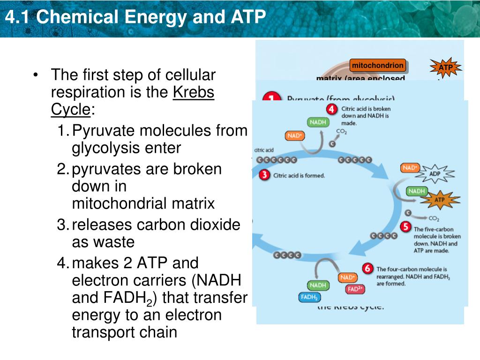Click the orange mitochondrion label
[378, 66]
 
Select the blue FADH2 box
[309, 298]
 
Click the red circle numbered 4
[332, 109]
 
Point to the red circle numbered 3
[265, 175]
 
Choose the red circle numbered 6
[368, 269]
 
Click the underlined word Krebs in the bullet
[194, 92]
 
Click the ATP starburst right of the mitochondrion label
[445, 67]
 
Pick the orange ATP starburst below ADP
[439, 200]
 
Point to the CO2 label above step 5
[433, 218]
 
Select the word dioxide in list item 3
[216, 225]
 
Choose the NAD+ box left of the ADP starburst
[410, 168]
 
